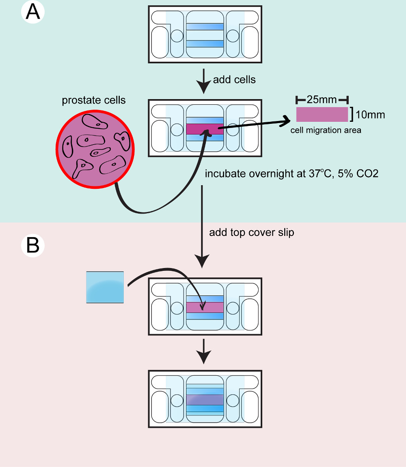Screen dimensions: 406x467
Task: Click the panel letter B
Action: tap(33, 245)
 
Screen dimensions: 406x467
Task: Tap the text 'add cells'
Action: tap(234, 80)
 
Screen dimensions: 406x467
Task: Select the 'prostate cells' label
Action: tap(93, 100)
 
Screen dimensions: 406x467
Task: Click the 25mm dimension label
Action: tap(322, 99)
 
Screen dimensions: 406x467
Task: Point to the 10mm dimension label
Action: tap(370, 115)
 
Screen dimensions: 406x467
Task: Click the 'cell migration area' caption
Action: tap(326, 130)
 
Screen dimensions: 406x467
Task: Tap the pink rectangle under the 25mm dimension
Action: tap(322, 115)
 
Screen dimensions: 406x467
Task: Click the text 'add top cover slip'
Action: tap(251, 232)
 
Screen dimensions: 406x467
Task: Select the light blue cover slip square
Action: tap(105, 287)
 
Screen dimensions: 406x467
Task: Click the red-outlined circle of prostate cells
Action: tap(95, 149)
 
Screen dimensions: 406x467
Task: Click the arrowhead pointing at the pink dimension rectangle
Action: tap(285, 121)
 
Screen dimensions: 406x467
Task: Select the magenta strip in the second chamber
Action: tap(205, 129)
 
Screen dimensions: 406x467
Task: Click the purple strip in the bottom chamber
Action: tap(205, 400)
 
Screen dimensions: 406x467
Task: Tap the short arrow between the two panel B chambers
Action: tap(204, 351)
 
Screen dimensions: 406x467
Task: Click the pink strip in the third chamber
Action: tap(205, 307)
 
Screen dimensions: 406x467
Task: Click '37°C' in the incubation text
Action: tap(320, 173)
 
